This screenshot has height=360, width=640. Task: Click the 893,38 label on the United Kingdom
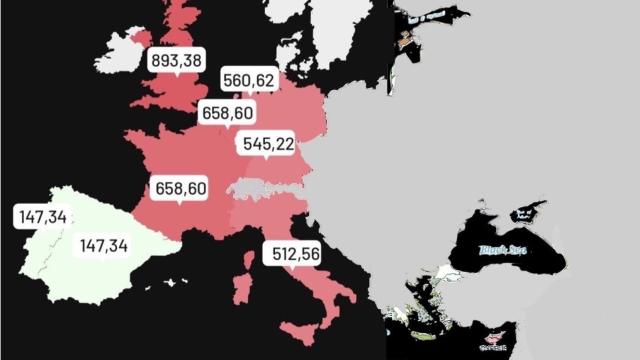[176, 60]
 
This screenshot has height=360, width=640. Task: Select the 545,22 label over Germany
[268, 144]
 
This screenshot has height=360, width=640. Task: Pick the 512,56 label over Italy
[296, 254]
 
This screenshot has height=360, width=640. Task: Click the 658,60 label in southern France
[180, 188]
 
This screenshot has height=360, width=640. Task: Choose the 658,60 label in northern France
[226, 112]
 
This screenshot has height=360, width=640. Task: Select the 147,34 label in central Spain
[105, 245]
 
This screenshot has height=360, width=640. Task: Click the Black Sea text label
[502, 249]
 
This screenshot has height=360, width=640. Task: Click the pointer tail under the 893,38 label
[176, 76]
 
